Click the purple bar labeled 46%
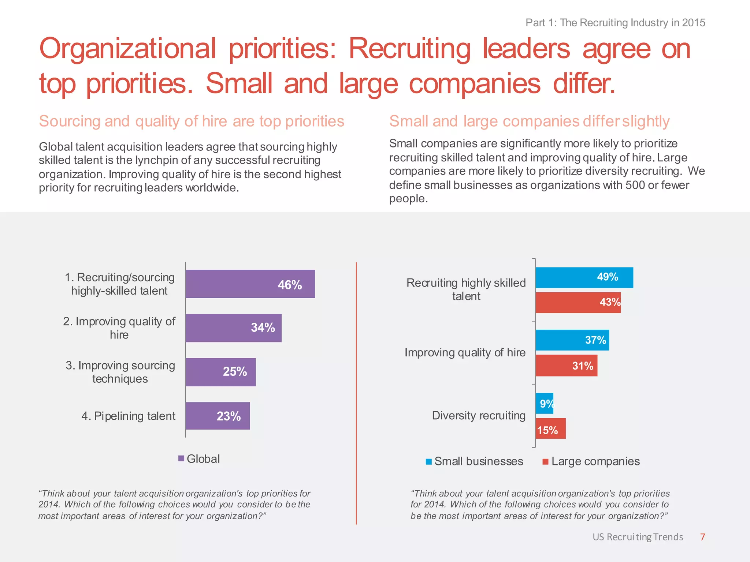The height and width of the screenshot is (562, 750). pos(250,284)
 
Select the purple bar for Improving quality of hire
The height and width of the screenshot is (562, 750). pos(233,328)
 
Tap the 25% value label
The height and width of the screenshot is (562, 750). pos(235,372)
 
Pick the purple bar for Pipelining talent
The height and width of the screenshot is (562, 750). pos(218,416)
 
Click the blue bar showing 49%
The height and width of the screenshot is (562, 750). pos(584,278)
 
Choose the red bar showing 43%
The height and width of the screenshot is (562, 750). pos(578,303)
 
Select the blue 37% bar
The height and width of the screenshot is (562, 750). pos(572,340)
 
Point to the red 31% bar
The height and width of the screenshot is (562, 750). pos(566,366)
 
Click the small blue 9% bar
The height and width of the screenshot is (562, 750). pos(544,404)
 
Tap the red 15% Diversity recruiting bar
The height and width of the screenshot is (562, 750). pos(550,428)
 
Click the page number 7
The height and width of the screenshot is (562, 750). pos(702,537)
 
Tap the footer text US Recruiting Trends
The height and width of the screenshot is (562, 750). pos(638,537)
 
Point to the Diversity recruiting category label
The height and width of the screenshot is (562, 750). pos(478,416)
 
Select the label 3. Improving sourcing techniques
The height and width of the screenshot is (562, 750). pos(120,372)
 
